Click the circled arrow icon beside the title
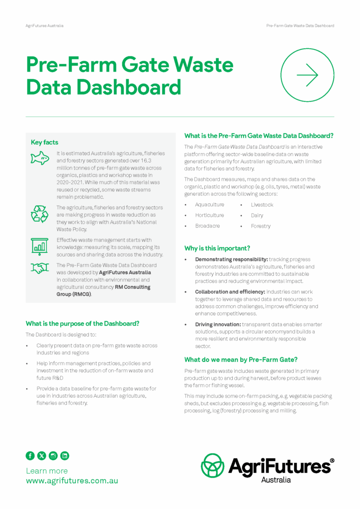click(307, 75)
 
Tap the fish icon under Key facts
click(40, 159)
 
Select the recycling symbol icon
click(40, 213)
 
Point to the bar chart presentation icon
click(40, 245)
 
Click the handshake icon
click(40, 268)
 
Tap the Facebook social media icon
click(30, 455)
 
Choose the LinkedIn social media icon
click(65, 455)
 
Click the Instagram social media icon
click(53, 455)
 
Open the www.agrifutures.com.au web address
click(72, 481)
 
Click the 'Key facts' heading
click(44, 142)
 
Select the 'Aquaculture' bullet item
click(209, 204)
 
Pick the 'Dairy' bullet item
click(257, 215)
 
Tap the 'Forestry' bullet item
click(261, 226)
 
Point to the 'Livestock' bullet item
click(262, 204)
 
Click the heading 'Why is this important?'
click(217, 248)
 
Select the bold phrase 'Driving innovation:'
click(218, 324)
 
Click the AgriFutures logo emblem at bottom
click(212, 465)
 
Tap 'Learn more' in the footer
click(47, 470)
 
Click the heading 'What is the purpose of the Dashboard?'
click(83, 323)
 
